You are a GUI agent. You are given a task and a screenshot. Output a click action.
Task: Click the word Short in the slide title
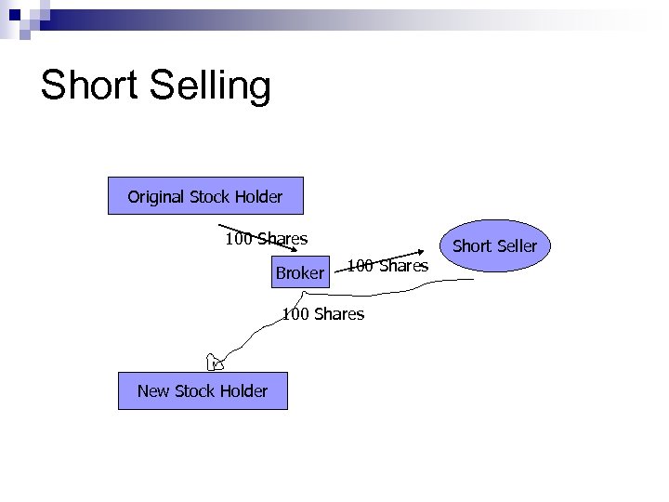tap(87, 85)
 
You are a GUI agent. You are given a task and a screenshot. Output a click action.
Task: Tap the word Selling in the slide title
tap(205, 86)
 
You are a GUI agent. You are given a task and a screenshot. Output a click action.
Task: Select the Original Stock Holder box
tap(205, 196)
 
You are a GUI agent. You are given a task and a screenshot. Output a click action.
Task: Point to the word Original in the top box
tap(156, 196)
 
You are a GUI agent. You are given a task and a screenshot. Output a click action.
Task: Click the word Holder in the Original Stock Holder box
tap(258, 196)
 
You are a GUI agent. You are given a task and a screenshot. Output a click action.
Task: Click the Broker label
tap(299, 273)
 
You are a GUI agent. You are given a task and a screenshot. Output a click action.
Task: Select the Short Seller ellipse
tap(494, 246)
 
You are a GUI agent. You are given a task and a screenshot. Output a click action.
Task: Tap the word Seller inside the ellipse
tap(517, 246)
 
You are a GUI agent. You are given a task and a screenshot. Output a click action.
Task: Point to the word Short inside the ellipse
tap(472, 246)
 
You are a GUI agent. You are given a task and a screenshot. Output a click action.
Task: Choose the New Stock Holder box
tap(203, 390)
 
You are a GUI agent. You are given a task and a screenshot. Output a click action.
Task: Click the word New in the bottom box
tap(154, 390)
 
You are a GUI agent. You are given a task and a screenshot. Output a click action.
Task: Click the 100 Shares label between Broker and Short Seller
tap(388, 266)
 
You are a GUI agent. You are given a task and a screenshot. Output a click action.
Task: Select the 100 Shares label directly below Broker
tap(323, 314)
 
